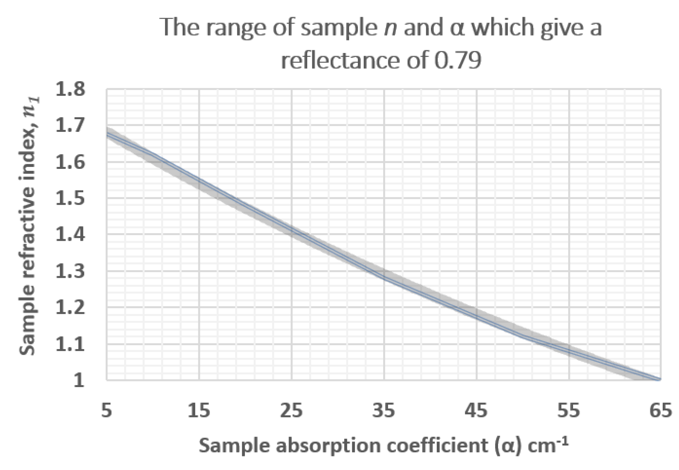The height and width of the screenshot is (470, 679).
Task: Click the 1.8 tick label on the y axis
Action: (x=70, y=90)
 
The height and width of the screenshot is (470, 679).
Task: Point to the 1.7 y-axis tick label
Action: (x=70, y=126)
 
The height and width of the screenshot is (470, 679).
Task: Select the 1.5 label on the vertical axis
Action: (x=70, y=199)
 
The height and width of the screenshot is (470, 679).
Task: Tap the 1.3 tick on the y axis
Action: (x=70, y=272)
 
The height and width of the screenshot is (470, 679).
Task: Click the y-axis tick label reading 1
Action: (x=79, y=380)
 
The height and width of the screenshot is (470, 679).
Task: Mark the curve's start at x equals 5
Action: (x=107, y=133)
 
